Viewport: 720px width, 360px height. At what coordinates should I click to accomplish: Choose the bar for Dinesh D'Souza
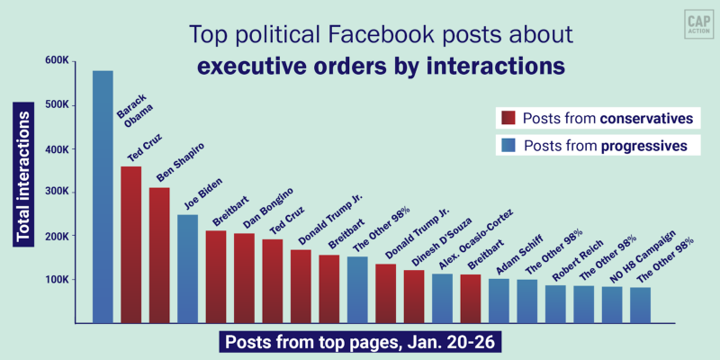(414, 296)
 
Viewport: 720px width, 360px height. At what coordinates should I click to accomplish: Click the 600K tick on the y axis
(57, 61)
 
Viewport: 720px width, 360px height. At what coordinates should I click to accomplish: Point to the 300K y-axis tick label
(57, 192)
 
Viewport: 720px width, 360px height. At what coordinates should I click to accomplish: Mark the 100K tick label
(57, 280)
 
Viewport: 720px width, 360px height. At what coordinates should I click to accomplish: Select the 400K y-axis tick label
(57, 148)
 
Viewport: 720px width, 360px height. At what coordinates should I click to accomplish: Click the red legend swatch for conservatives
(507, 118)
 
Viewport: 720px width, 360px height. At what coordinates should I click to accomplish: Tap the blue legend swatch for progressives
(507, 145)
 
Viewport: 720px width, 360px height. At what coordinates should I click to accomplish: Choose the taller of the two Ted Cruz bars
(130, 244)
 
